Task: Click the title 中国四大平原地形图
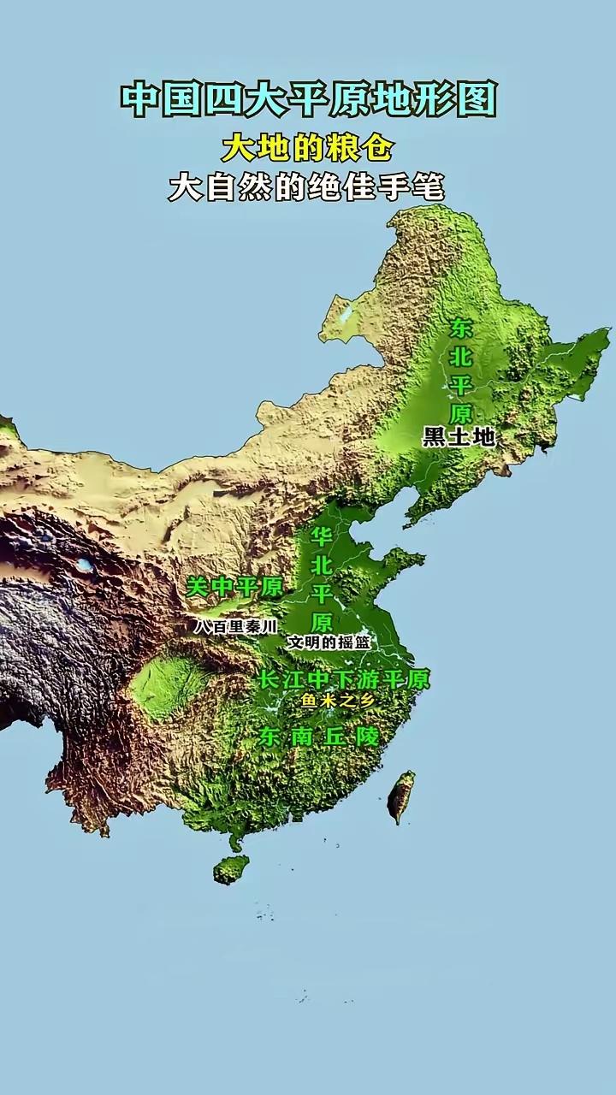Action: (x=308, y=99)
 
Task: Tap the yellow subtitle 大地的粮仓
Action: (x=307, y=148)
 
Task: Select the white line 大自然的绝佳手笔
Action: (x=306, y=187)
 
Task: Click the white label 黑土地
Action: (x=459, y=437)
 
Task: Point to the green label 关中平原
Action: (x=234, y=587)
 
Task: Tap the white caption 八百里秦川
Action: (x=235, y=626)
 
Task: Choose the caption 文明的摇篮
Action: (x=328, y=642)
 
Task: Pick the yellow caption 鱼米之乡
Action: (x=337, y=701)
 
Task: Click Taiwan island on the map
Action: (x=400, y=796)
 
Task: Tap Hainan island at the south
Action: (x=231, y=869)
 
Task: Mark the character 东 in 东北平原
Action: (x=461, y=328)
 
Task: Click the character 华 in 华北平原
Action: (x=322, y=538)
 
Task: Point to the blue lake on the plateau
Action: (x=85, y=565)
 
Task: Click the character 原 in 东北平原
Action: (x=461, y=412)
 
